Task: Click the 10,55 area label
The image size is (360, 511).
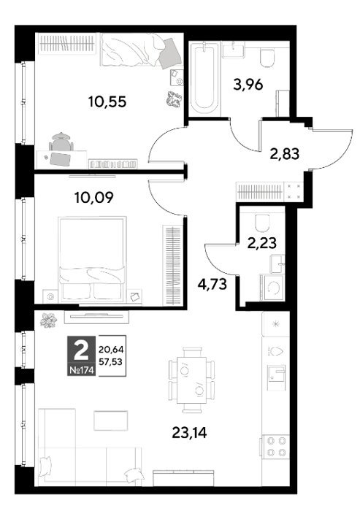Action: pyautogui.click(x=107, y=102)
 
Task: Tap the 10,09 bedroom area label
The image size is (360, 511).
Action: pyautogui.click(x=94, y=198)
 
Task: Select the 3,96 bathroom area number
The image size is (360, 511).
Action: pyautogui.click(x=248, y=85)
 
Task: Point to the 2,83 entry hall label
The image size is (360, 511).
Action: pyautogui.click(x=284, y=153)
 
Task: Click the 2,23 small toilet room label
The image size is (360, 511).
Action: pyautogui.click(x=262, y=243)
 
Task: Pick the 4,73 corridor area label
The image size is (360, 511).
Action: pyautogui.click(x=212, y=284)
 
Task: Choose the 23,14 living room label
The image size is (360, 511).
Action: pyautogui.click(x=189, y=433)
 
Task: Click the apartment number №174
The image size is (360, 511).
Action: pyautogui.click(x=82, y=370)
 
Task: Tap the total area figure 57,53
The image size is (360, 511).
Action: pyautogui.click(x=111, y=361)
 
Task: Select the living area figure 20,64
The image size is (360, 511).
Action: pyautogui.click(x=111, y=350)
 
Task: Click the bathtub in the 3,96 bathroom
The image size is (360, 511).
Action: pyautogui.click(x=204, y=78)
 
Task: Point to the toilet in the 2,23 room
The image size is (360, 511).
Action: pyautogui.click(x=263, y=223)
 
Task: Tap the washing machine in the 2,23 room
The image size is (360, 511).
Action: pyautogui.click(x=272, y=288)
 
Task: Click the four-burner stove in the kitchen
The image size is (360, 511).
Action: pyautogui.click(x=276, y=447)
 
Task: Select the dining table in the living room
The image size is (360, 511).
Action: pyautogui.click(x=192, y=380)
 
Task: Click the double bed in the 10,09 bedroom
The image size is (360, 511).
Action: pyautogui.click(x=92, y=258)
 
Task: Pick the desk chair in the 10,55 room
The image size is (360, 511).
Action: pyautogui.click(x=61, y=141)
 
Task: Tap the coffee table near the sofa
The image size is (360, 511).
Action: pyautogui.click(x=111, y=420)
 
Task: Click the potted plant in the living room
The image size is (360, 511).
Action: pyautogui.click(x=49, y=320)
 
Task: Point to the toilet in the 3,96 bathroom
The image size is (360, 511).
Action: pyautogui.click(x=267, y=58)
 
